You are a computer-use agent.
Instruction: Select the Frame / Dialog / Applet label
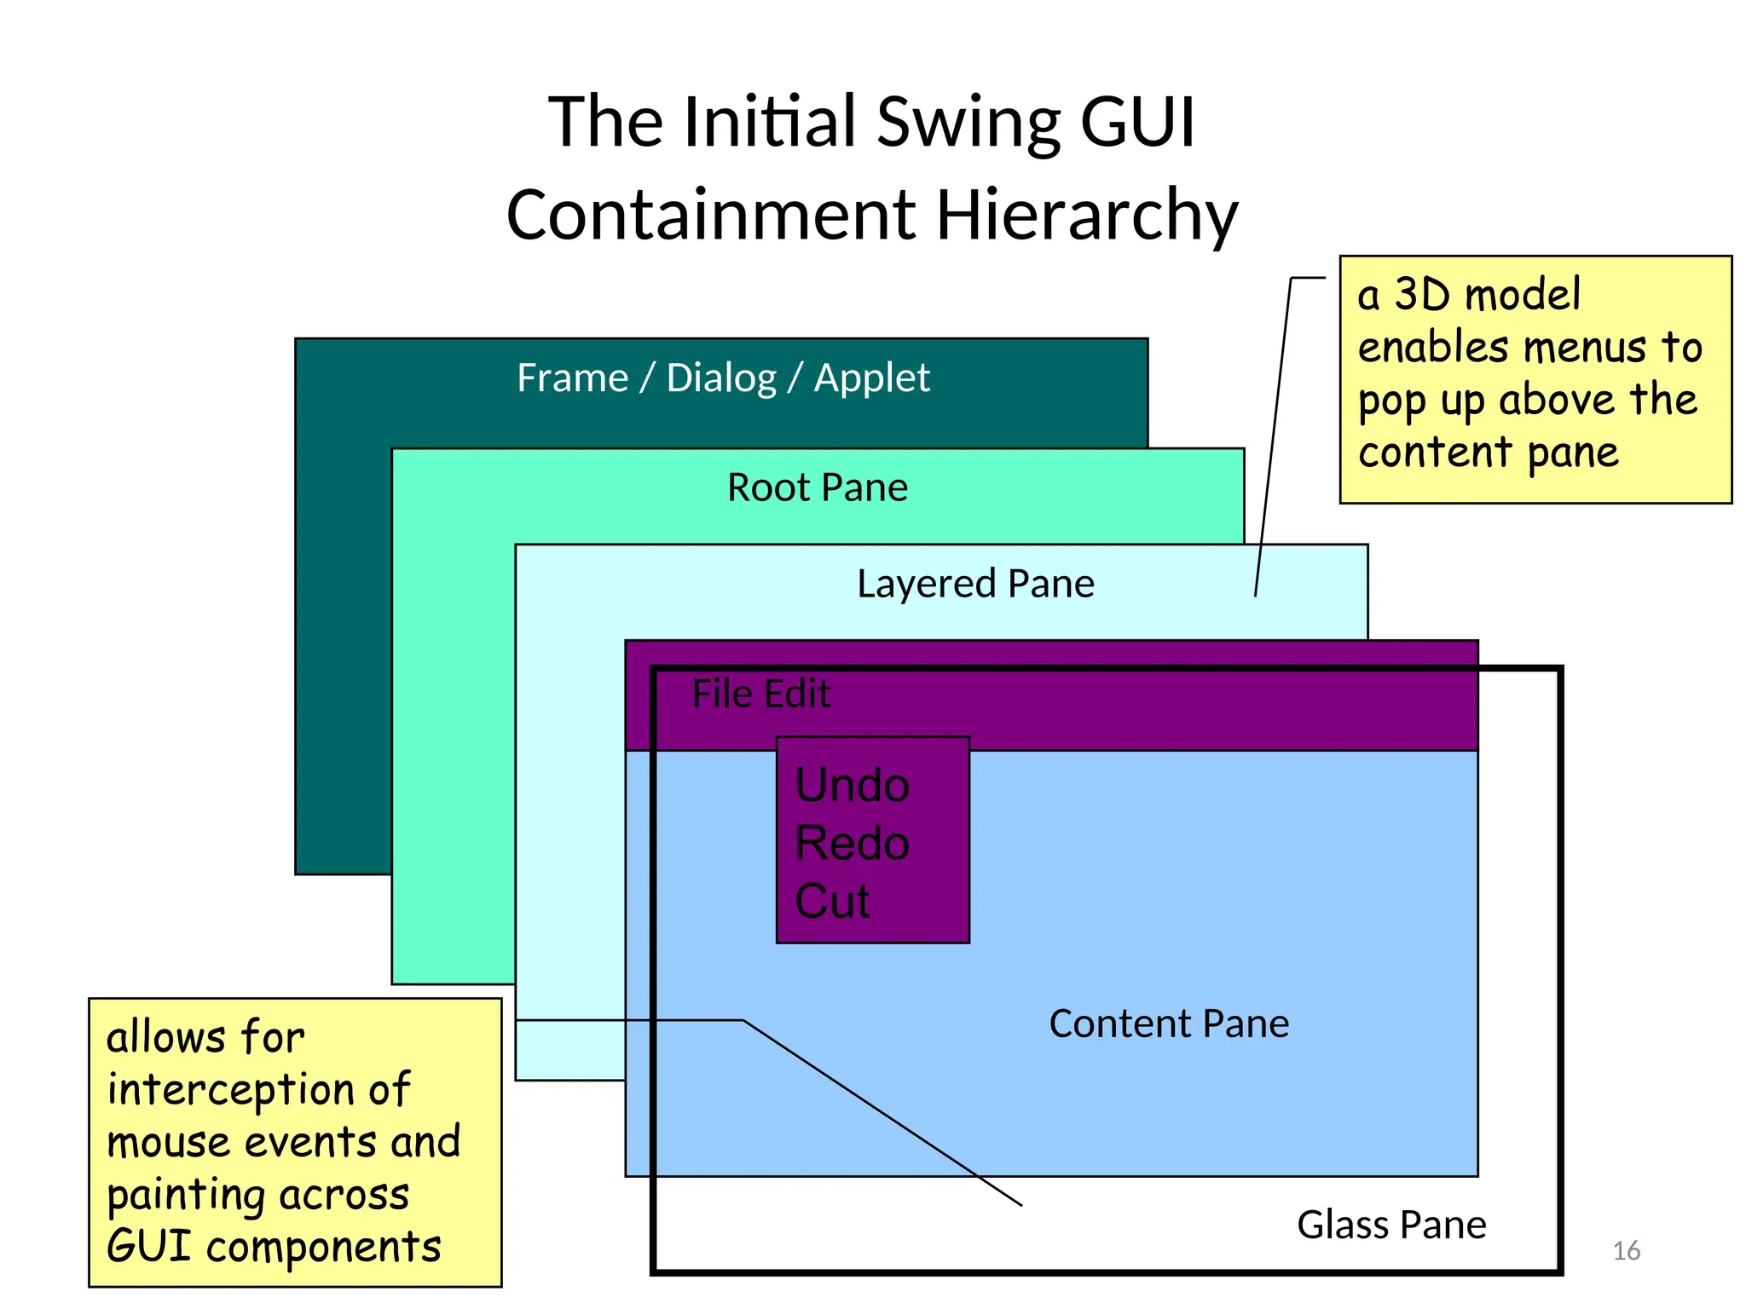click(723, 378)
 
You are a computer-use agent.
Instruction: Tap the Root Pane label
click(817, 487)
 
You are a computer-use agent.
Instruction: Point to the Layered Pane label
click(975, 584)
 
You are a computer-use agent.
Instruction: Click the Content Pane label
click(1168, 1024)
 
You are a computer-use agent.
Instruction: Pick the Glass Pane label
click(1391, 1225)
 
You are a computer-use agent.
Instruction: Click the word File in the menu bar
click(721, 694)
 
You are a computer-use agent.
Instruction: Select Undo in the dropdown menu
click(852, 785)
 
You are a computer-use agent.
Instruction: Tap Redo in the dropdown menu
click(852, 843)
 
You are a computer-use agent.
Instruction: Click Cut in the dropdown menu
click(832, 901)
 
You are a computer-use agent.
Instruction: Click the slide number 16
click(1626, 1251)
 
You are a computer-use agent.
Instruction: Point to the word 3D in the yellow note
click(1422, 295)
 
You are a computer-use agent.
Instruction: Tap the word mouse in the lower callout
click(168, 1143)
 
